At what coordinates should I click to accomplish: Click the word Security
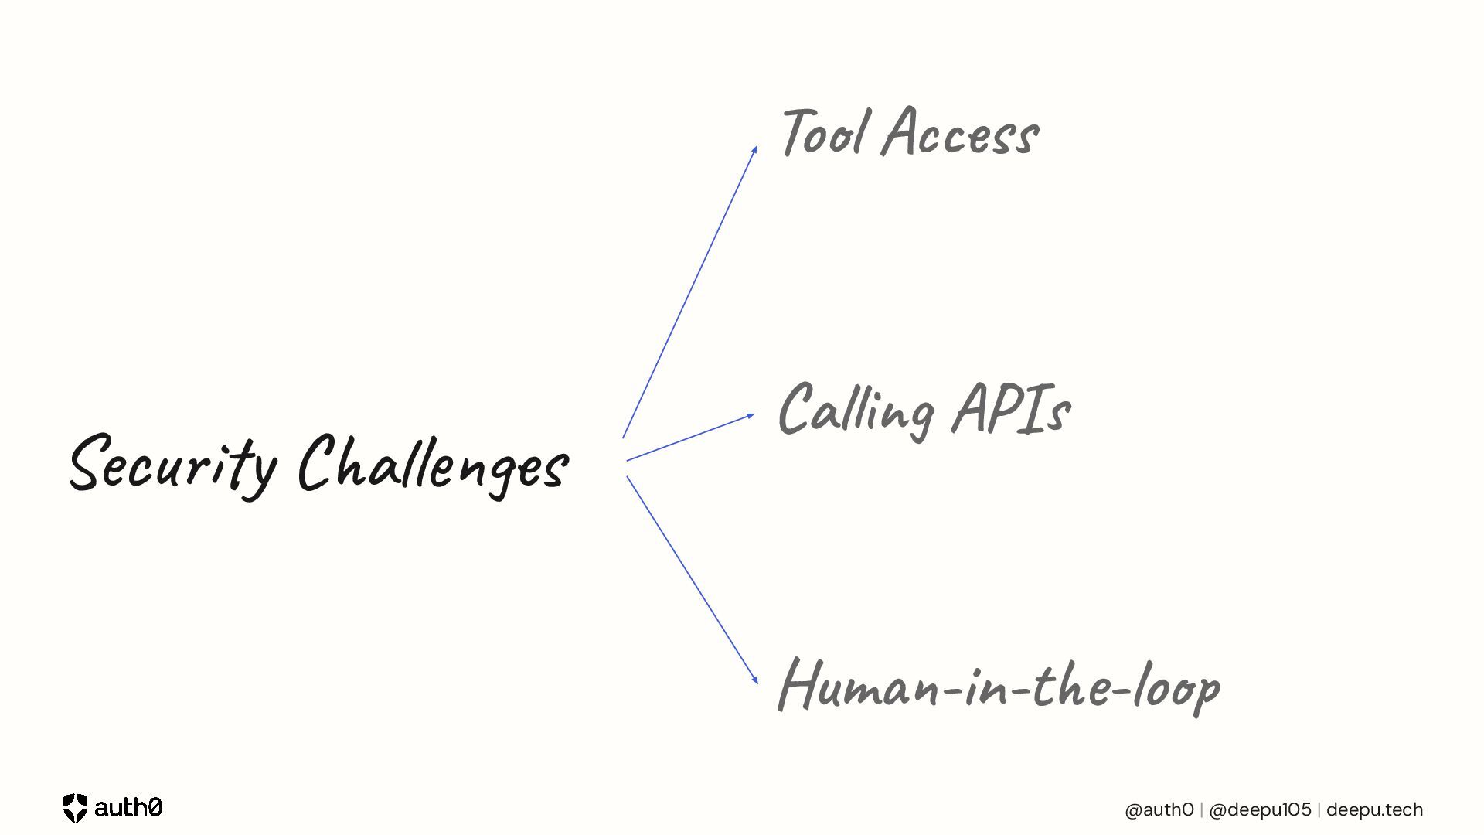click(x=172, y=465)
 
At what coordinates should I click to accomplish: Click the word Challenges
click(x=433, y=465)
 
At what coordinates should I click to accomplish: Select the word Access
click(x=961, y=134)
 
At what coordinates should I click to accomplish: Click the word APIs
click(x=1011, y=410)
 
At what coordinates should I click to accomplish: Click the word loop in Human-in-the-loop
click(x=1176, y=686)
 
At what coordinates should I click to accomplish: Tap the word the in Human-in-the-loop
click(x=1076, y=684)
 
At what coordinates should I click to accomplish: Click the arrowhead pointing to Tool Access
click(x=754, y=150)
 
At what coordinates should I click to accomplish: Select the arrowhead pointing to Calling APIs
click(x=750, y=416)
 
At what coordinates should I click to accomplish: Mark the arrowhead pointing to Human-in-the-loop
click(x=754, y=680)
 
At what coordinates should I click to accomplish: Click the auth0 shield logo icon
click(x=75, y=808)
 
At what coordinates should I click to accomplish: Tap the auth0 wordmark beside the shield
click(x=128, y=808)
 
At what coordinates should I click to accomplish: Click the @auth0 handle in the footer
click(x=1159, y=809)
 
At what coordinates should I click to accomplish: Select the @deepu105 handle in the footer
click(x=1260, y=809)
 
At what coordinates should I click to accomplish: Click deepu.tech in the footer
click(x=1374, y=809)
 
